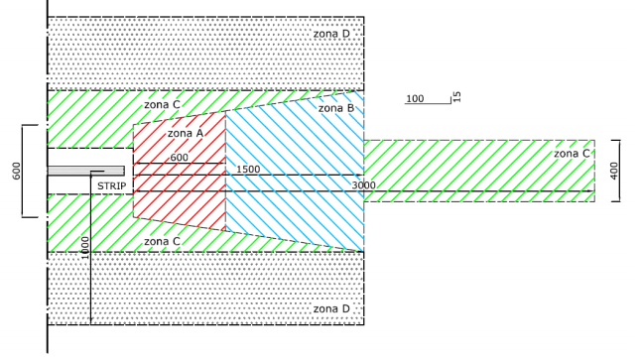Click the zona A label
point(186,133)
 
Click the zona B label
point(336,108)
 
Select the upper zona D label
point(331,34)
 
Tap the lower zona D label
point(331,308)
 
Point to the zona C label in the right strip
point(572,154)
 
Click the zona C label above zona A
point(162,105)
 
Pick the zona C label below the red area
point(162,241)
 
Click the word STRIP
point(112,186)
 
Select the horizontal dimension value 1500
point(248,170)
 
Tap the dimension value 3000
point(363,185)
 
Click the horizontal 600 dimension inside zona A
point(179,158)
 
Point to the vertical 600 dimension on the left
point(17,171)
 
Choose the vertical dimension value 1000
point(84,248)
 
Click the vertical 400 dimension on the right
point(614,171)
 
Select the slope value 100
point(415,98)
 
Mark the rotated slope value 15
point(457,97)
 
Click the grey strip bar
point(86,171)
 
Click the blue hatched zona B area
point(295,172)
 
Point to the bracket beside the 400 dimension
point(619,171)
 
